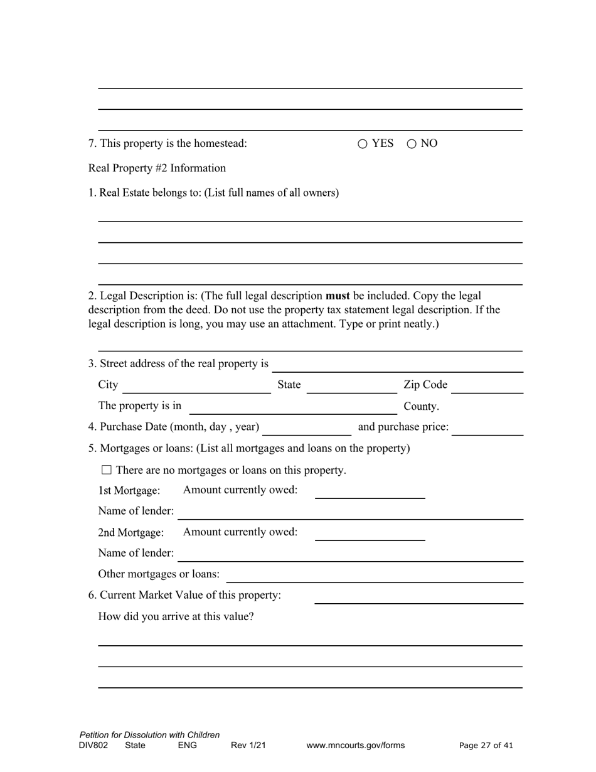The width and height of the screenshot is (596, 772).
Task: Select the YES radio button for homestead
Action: click(x=363, y=144)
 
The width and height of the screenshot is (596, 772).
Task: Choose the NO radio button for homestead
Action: click(x=412, y=144)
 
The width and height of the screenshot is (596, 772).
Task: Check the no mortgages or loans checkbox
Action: click(x=106, y=469)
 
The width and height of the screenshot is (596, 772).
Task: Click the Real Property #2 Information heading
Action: click(x=157, y=168)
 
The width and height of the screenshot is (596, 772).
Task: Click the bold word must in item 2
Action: click(x=338, y=296)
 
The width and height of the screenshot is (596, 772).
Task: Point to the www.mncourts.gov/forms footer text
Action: click(x=355, y=746)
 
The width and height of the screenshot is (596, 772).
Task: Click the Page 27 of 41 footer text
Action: click(x=486, y=746)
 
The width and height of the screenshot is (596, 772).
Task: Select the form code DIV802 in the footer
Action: click(x=93, y=746)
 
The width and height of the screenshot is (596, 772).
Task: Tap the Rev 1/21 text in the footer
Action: click(x=248, y=746)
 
